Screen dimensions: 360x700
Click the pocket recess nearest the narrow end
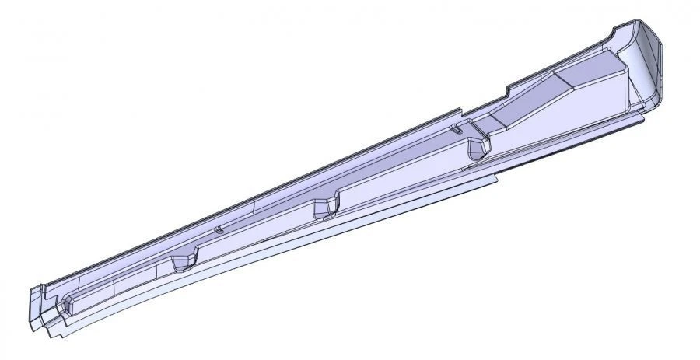pyautogui.click(x=184, y=261)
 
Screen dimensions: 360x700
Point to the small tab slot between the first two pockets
pyautogui.click(x=220, y=230)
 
